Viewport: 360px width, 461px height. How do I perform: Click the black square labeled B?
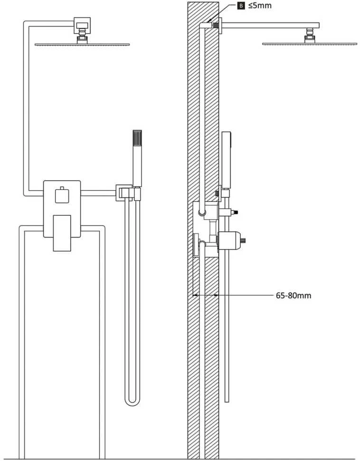241,5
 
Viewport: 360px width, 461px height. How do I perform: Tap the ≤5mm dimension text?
260,5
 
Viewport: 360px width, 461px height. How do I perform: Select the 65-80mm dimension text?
294,295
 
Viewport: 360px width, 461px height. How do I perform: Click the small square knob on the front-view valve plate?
62,195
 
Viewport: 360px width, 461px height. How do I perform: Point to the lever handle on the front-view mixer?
62,233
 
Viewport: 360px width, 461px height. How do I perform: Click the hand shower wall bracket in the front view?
128,192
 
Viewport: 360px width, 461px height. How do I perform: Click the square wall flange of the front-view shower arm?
82,26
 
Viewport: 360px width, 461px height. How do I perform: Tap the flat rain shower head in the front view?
82,44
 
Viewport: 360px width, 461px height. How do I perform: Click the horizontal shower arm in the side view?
270,25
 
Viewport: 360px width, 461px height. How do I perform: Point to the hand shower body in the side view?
227,160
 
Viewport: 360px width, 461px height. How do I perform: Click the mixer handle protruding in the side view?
231,240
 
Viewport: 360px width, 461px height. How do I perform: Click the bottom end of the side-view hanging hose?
227,401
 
